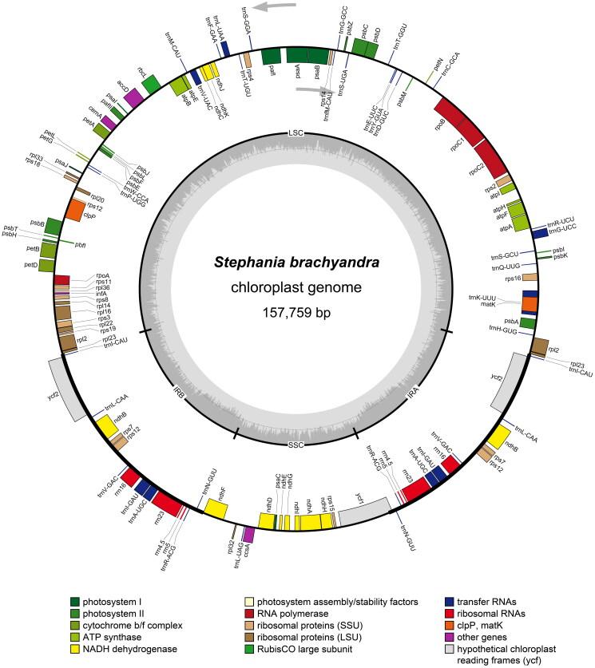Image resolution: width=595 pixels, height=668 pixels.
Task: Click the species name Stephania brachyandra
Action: pyautogui.click(x=296, y=262)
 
